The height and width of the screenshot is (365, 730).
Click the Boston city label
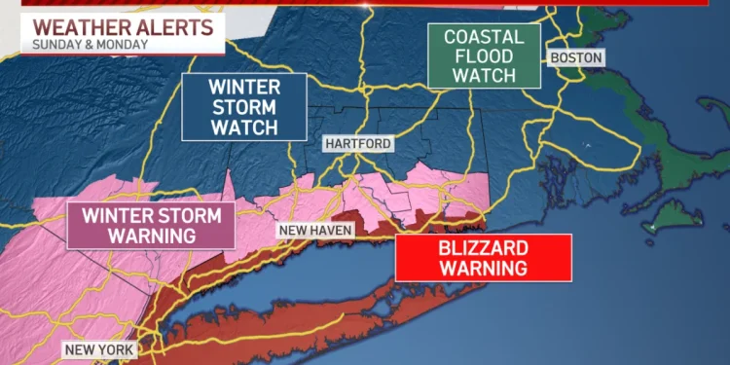pyautogui.click(x=576, y=58)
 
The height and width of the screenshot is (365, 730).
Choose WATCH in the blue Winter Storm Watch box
pyautogui.click(x=243, y=128)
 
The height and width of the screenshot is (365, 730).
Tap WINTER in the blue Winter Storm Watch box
pyautogui.click(x=243, y=87)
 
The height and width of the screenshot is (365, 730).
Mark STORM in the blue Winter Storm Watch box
pyautogui.click(x=243, y=107)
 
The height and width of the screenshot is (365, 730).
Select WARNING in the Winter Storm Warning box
pyautogui.click(x=151, y=235)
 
